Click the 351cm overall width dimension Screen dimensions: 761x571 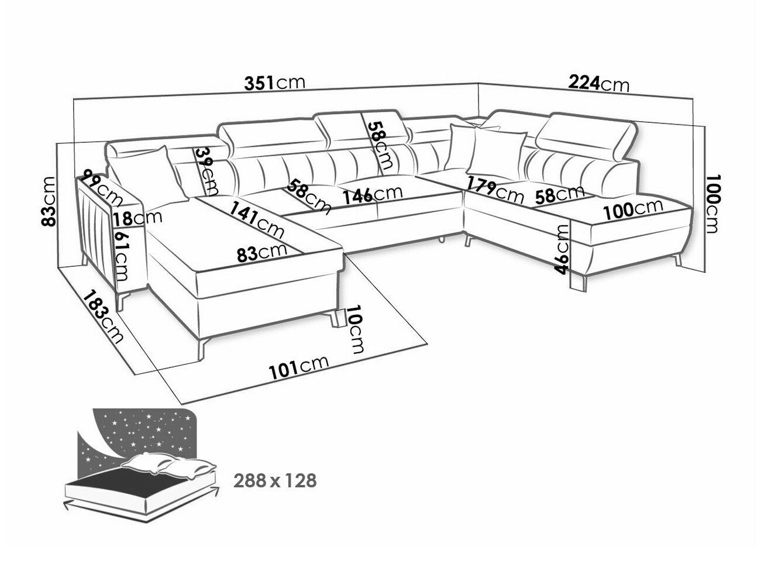[274, 83]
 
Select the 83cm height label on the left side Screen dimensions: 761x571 [48, 201]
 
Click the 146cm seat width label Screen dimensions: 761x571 [373, 195]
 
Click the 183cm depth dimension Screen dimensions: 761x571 [103, 317]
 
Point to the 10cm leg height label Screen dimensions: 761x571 [356, 329]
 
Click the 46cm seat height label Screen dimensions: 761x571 [562, 249]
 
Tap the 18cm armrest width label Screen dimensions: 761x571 [137, 218]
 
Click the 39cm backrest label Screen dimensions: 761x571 [206, 171]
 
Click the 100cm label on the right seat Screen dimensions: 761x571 [633, 209]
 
